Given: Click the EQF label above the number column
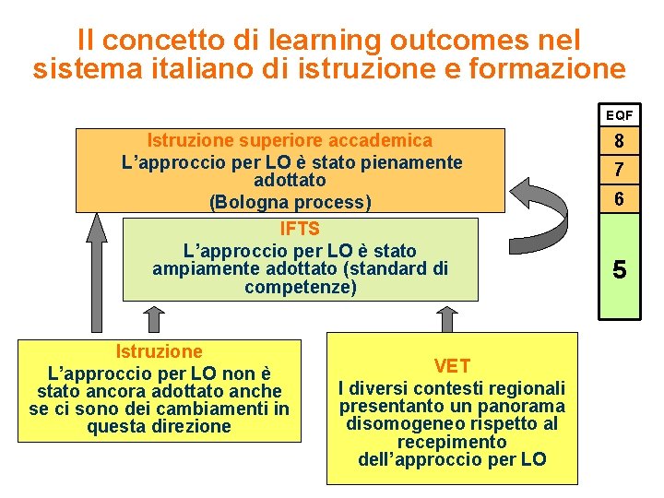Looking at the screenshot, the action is (620, 116).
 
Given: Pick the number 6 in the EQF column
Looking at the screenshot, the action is (620, 198).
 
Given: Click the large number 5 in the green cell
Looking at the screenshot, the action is (620, 269).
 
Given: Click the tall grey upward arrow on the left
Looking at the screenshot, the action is (96, 272).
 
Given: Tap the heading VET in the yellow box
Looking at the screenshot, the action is (452, 367).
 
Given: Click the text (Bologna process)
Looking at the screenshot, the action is (290, 202).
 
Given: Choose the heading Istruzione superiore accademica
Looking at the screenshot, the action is (290, 140).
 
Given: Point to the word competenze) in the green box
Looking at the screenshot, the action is (301, 288).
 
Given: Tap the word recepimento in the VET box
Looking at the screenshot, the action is (452, 442).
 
